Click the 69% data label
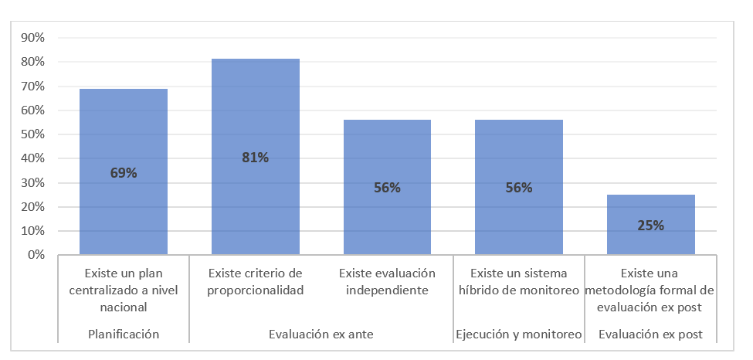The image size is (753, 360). pos(124,173)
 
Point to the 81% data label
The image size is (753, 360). pos(256,158)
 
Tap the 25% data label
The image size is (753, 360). pos(651,226)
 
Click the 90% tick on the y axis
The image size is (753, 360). pos(33,38)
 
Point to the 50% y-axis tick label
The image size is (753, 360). pos(33,134)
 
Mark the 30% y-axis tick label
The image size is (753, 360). pos(33,183)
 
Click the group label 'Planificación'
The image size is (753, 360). pos(124,335)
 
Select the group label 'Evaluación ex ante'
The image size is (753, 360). pos(321,335)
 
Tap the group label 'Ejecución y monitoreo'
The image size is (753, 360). pos(519,335)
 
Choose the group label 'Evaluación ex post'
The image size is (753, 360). pos(651,335)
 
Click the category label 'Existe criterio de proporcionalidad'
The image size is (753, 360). pos(256,282)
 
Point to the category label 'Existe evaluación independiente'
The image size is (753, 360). pos(387,282)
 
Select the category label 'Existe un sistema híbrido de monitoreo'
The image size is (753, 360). pos(519,282)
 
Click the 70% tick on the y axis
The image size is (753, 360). pos(33,87)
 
